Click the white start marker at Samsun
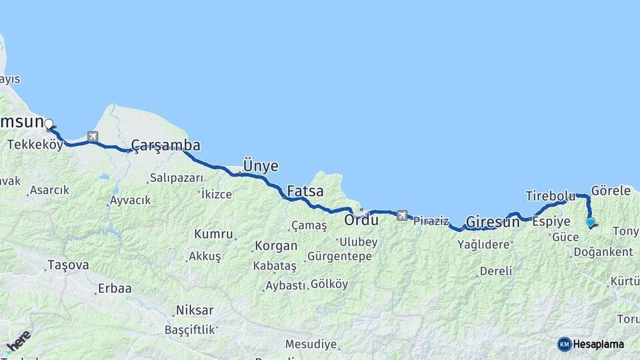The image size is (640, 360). click(x=49, y=123)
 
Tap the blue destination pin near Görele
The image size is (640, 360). click(x=590, y=222)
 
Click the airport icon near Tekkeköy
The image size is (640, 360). click(x=92, y=137)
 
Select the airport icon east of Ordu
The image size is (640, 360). click(x=401, y=215)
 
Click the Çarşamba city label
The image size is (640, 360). click(x=165, y=145)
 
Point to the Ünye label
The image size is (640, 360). click(x=261, y=166)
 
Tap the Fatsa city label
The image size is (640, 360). click(x=305, y=191)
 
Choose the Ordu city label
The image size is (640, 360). click(x=361, y=219)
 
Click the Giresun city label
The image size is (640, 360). click(x=493, y=222)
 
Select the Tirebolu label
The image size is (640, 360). click(x=550, y=196)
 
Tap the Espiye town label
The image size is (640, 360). click(x=551, y=221)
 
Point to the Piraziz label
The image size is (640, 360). click(x=431, y=221)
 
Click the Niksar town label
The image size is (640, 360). click(x=195, y=310)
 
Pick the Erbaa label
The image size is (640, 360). click(x=114, y=289)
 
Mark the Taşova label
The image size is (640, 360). click(x=67, y=265)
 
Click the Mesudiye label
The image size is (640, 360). click(x=311, y=345)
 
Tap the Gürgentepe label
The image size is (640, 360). click(x=340, y=257)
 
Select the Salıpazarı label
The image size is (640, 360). click(x=176, y=177)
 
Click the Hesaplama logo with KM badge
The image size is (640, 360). click(x=591, y=344)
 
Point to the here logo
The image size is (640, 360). click(x=18, y=341)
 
